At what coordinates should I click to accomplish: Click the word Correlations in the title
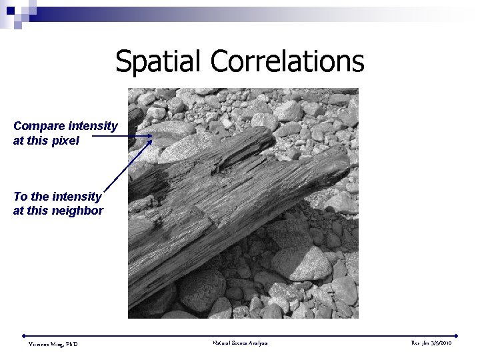click(287, 61)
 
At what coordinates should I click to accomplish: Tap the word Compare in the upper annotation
click(39, 126)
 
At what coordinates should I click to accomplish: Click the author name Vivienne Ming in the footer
click(53, 344)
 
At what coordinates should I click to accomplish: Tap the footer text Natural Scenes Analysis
click(240, 343)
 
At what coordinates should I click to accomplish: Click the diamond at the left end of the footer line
click(23, 335)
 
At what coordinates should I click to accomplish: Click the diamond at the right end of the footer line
click(457, 335)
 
